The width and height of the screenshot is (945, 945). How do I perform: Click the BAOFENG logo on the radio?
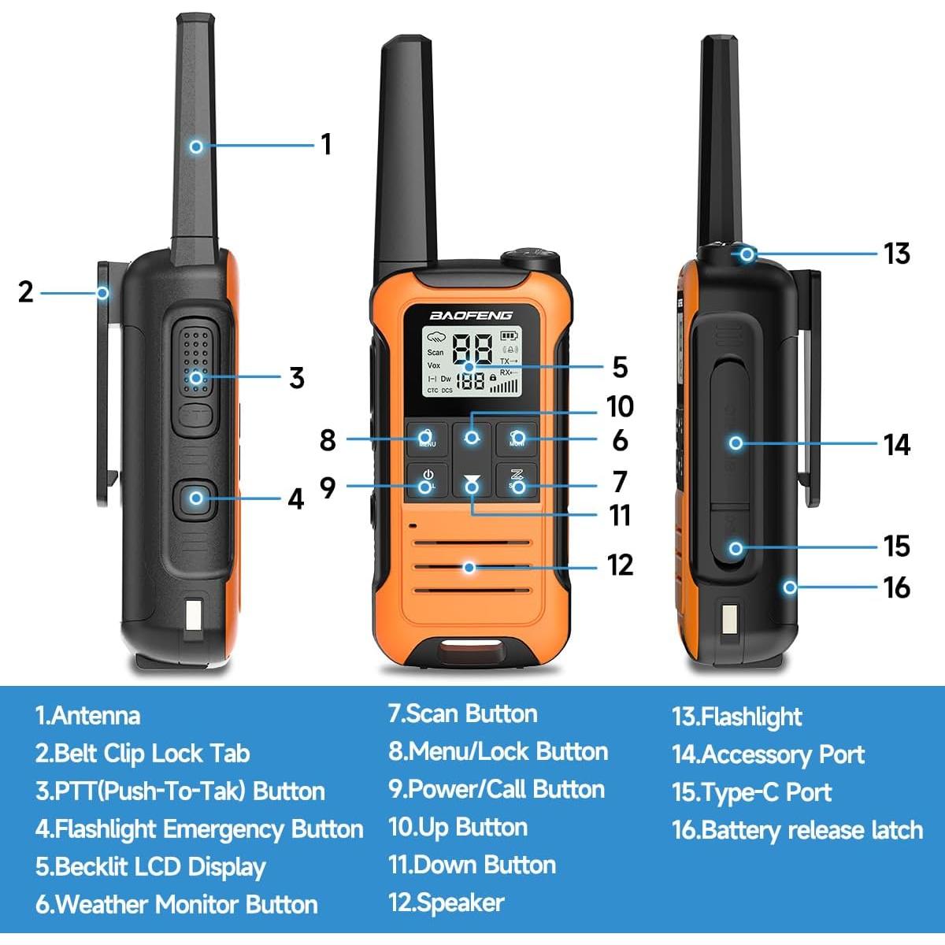(x=471, y=315)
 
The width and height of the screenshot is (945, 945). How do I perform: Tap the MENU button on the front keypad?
(x=427, y=438)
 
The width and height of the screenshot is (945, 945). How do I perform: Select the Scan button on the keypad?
(x=517, y=480)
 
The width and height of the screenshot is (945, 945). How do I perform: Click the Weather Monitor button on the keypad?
(x=517, y=438)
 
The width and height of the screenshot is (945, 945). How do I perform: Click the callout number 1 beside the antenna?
(x=326, y=144)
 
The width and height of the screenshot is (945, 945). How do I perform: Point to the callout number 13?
(x=896, y=254)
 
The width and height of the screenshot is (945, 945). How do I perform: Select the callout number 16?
(x=896, y=587)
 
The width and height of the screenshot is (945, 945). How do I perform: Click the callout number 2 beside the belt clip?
(x=26, y=292)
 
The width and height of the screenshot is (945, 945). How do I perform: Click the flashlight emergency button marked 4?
(x=196, y=498)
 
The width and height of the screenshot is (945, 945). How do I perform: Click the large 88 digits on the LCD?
(x=473, y=347)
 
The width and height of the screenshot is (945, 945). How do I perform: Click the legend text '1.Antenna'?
(x=87, y=716)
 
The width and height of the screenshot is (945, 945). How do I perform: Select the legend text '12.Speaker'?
(x=446, y=902)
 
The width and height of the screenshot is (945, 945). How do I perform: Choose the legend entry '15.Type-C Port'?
(x=751, y=792)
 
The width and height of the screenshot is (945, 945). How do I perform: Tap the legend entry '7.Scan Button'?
(x=462, y=714)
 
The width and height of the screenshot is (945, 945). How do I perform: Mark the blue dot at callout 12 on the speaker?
(x=470, y=566)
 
